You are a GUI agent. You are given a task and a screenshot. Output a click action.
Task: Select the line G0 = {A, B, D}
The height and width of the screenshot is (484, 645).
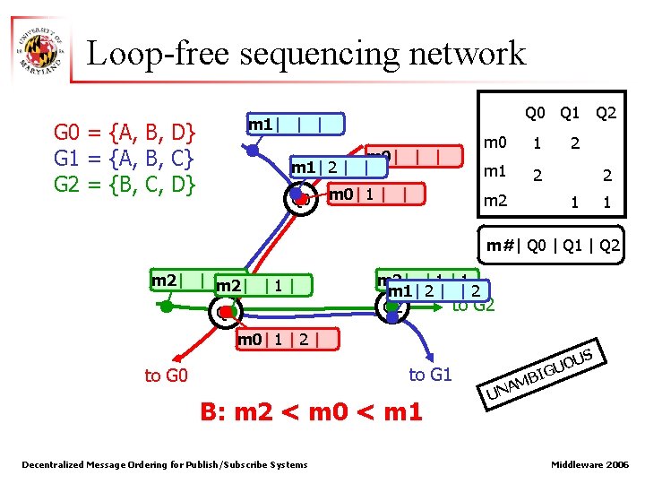point(125,134)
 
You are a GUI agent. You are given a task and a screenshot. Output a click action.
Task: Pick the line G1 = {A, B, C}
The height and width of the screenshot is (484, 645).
point(125,160)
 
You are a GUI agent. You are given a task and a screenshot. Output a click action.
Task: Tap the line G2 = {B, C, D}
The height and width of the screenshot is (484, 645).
point(125,187)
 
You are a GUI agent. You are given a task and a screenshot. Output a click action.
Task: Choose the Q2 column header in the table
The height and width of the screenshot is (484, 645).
point(606,114)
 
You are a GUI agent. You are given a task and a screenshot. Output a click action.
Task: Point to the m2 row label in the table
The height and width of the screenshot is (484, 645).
point(495,202)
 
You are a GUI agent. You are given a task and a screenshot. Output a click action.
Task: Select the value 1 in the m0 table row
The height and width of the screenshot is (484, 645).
point(537,143)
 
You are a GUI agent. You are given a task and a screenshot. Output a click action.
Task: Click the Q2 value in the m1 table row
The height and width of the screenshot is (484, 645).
point(606,176)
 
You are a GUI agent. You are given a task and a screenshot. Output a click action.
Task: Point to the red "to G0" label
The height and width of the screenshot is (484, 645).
point(166,376)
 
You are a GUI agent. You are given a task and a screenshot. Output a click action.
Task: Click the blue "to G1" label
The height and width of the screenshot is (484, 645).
point(430,375)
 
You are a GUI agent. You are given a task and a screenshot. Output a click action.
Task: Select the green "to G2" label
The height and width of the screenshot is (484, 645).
point(474,307)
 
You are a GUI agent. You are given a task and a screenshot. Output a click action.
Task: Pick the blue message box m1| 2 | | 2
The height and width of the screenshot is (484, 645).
point(436,291)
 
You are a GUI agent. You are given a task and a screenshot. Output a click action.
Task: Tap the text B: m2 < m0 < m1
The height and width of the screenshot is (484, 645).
point(311,413)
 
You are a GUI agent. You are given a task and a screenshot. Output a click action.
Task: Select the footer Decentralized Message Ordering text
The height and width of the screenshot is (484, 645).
point(164,464)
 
